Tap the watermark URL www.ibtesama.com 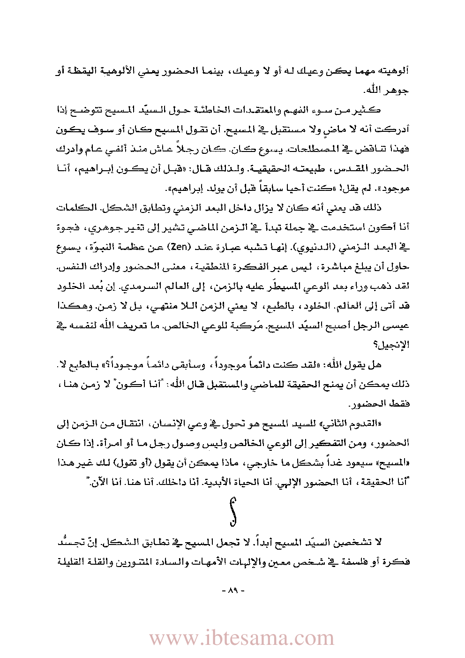242,638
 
